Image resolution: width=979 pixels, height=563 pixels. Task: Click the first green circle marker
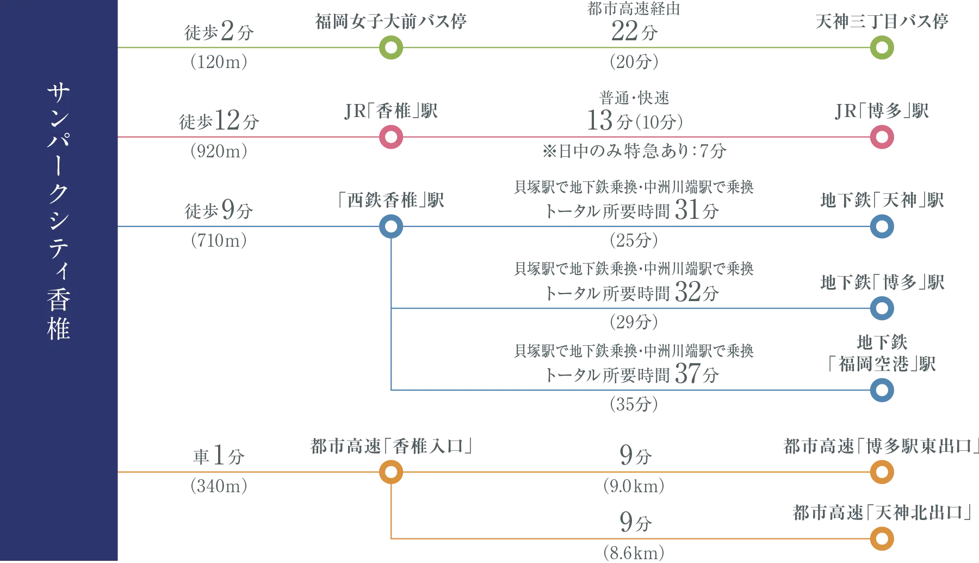(x=391, y=48)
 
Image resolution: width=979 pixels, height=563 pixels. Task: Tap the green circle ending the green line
(x=882, y=48)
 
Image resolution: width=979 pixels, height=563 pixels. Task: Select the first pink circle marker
(x=391, y=137)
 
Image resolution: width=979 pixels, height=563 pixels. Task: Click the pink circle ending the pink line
(x=882, y=137)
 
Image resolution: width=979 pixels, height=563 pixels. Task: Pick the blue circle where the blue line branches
(x=391, y=227)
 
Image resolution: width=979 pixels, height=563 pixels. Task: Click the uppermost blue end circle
(x=882, y=227)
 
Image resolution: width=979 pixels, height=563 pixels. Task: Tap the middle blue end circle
(x=882, y=308)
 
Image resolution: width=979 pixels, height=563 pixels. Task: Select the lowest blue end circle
(x=882, y=390)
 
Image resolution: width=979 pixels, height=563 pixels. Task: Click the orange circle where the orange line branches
(x=391, y=472)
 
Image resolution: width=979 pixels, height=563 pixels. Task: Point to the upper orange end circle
(x=882, y=472)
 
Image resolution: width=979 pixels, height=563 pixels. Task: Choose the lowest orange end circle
(x=882, y=538)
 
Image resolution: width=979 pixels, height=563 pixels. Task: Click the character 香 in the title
(x=59, y=300)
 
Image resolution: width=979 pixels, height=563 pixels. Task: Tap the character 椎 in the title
(x=59, y=329)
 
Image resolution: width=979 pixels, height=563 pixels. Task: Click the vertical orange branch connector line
(x=392, y=509)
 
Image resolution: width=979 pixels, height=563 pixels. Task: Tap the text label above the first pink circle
(x=392, y=111)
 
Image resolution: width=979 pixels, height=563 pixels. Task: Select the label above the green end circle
(x=881, y=22)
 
